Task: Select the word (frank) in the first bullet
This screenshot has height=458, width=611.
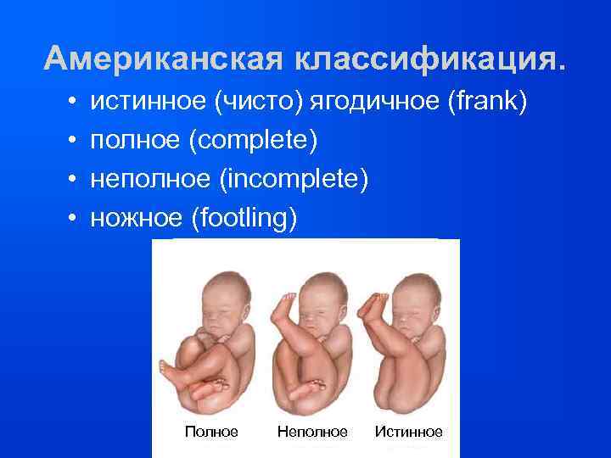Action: tap(485, 103)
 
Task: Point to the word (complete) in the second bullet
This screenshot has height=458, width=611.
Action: tap(257, 141)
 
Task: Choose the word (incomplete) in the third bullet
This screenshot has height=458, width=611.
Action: tap(298, 180)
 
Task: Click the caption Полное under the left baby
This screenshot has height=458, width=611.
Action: tap(211, 432)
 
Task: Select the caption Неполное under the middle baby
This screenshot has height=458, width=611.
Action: tap(312, 432)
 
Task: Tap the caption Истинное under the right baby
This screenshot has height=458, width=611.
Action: tap(409, 432)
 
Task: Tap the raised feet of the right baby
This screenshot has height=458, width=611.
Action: tap(370, 303)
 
